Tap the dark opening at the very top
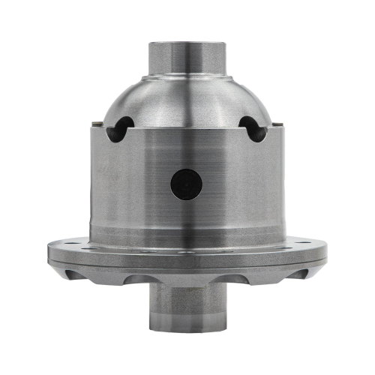[x=187, y=42]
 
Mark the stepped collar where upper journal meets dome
[x=187, y=76]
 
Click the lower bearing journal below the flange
[x=187, y=307]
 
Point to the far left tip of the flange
[x=48, y=251]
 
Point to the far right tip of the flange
[x=327, y=251]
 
